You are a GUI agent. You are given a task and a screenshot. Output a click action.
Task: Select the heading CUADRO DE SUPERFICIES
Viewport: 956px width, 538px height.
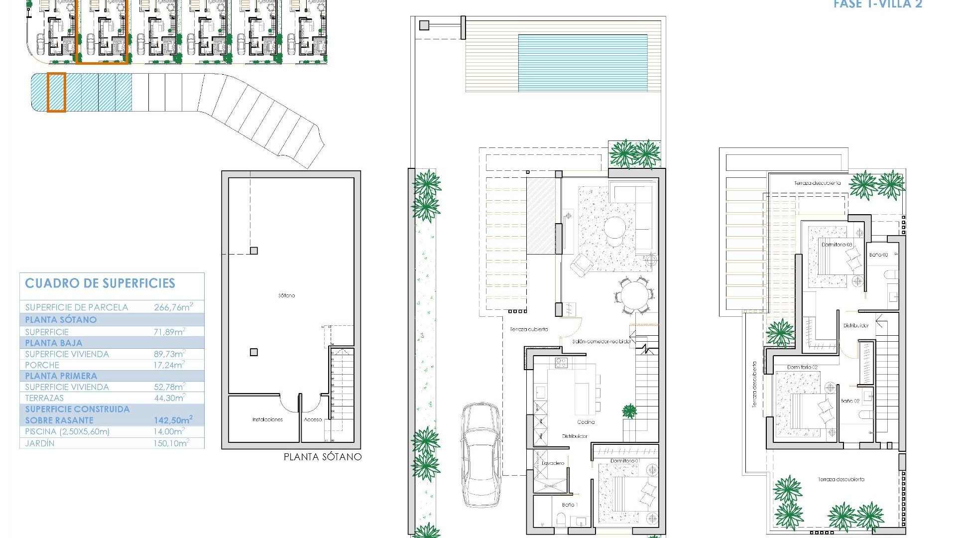coord(100,283)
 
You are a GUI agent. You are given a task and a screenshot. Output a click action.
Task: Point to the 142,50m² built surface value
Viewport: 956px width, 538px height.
coord(173,420)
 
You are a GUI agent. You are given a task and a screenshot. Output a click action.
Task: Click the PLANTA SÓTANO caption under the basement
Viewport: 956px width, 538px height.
coord(322,456)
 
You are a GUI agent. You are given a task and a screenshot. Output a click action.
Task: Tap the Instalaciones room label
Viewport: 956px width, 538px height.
coord(267,419)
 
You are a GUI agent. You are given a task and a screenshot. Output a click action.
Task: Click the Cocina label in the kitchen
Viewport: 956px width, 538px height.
coord(586,422)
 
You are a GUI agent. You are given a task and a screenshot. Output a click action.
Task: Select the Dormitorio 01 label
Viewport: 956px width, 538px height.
coord(625,461)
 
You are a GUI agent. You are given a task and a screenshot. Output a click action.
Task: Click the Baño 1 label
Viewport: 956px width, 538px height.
coord(569,505)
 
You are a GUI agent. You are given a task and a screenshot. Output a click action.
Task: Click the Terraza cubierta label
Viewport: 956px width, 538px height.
coord(529,329)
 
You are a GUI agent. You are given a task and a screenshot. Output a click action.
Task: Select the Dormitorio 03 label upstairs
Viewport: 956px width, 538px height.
coord(836,245)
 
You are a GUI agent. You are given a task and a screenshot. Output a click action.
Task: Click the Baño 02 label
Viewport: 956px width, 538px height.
coord(850,401)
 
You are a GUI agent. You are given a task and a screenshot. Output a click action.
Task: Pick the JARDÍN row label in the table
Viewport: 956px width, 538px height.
coord(40,443)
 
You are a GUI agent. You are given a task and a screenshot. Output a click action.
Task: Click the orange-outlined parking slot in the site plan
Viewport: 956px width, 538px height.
coord(56,92)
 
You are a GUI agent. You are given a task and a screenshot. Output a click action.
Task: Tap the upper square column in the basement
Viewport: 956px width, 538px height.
coord(254,251)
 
